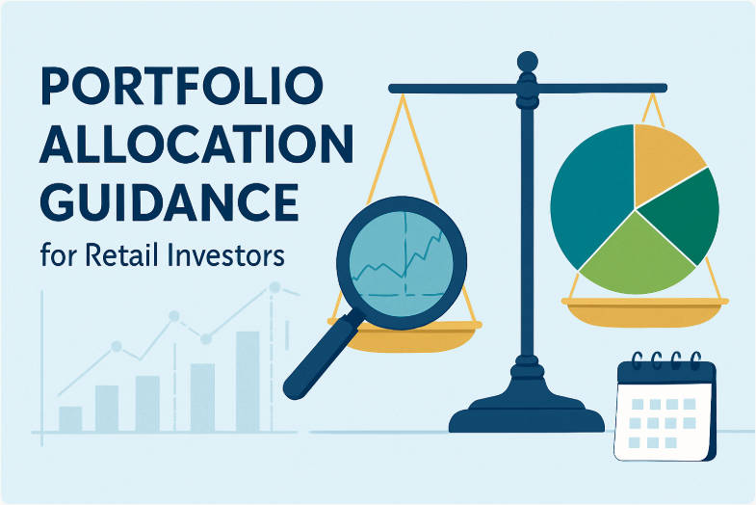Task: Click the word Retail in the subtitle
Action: click(128, 257)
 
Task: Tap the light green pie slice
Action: click(638, 255)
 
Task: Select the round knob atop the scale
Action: click(527, 63)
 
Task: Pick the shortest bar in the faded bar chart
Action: click(70, 418)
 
